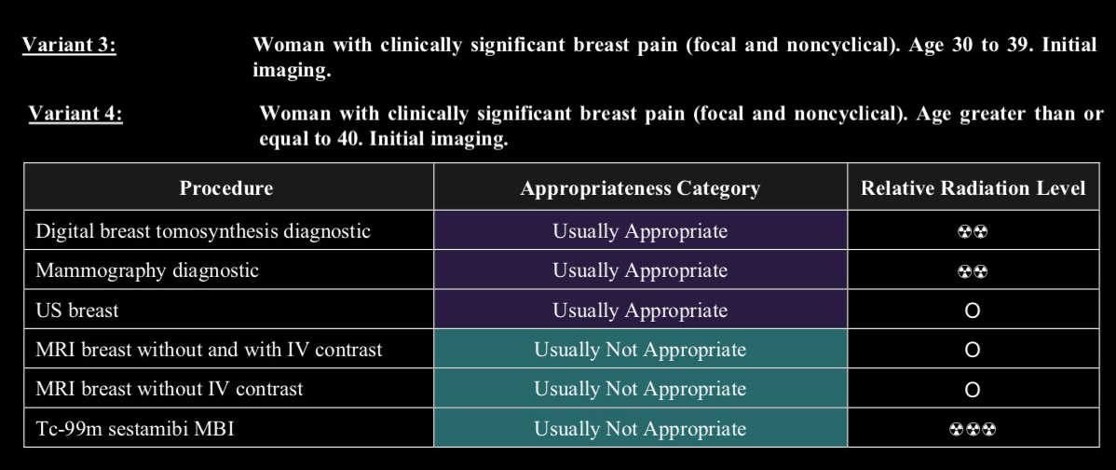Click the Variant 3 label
pos(69,45)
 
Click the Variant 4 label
pos(75,113)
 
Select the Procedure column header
pos(225,188)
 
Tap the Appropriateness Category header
pos(640,188)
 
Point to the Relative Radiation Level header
pos(973,188)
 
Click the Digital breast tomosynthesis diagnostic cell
pos(203,231)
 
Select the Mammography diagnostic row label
pos(147,270)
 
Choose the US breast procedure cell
pos(77,311)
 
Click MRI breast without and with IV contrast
pos(209,350)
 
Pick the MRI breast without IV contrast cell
pos(170,389)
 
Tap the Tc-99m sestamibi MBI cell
pos(134,429)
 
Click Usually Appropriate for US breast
pos(640,311)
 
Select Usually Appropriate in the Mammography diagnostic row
pos(640,270)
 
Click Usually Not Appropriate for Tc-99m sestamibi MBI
pos(640,429)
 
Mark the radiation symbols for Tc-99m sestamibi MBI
pos(973,429)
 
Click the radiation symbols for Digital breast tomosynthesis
pos(973,232)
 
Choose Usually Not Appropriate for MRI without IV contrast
pos(640,389)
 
